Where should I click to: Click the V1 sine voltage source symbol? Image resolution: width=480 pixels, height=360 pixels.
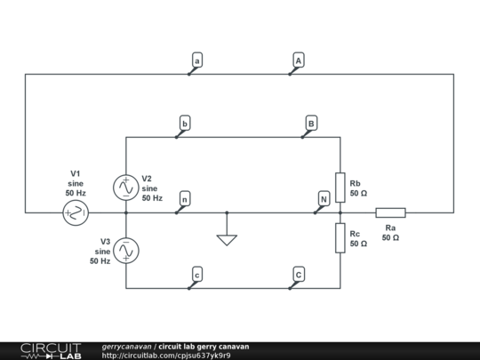(x=76, y=212)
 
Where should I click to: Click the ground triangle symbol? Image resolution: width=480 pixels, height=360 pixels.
(x=227, y=240)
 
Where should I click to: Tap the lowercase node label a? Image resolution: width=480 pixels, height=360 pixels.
(x=197, y=60)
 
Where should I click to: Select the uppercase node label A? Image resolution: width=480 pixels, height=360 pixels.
(x=299, y=60)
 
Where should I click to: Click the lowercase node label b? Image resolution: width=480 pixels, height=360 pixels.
(x=185, y=123)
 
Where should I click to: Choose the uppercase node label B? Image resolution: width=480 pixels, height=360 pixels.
(x=311, y=123)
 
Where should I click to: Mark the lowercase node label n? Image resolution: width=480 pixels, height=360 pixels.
(x=185, y=199)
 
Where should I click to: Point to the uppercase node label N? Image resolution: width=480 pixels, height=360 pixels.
(x=324, y=199)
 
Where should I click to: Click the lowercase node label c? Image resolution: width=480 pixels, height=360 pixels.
(x=197, y=275)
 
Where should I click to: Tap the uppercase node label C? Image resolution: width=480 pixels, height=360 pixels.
(x=299, y=275)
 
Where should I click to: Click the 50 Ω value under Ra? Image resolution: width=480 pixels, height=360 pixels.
(x=390, y=237)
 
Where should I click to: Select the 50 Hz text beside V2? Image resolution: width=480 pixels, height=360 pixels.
(x=152, y=198)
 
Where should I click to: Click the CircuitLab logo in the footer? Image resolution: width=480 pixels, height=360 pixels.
(x=51, y=351)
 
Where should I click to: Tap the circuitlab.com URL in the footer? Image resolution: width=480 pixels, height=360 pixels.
(x=166, y=356)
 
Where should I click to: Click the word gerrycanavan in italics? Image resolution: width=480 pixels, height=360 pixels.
(x=127, y=347)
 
